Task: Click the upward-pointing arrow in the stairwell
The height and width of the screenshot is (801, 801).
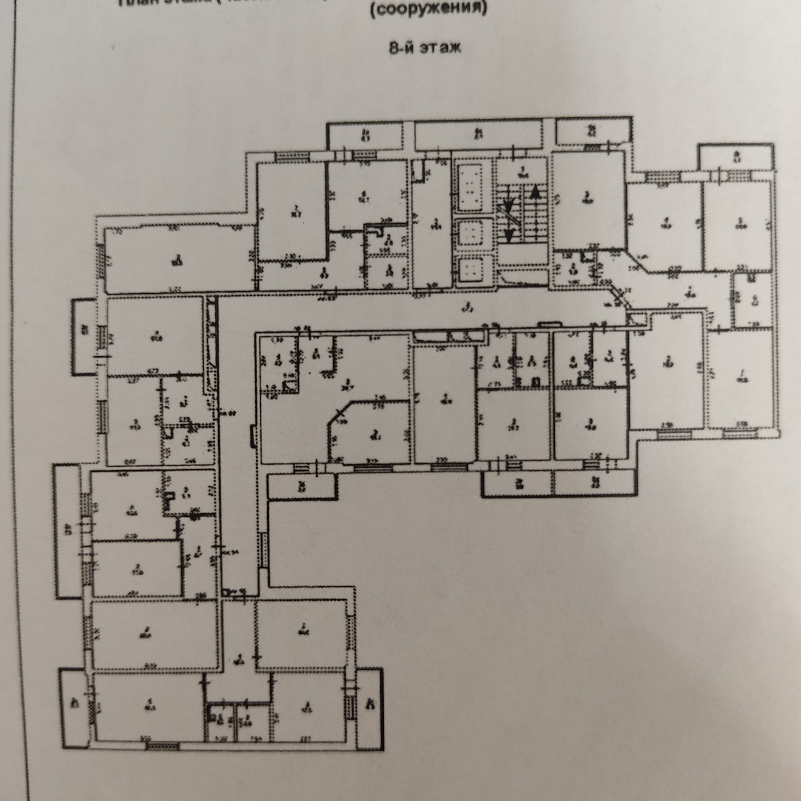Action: [x=535, y=191]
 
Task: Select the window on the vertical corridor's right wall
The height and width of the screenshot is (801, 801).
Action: [x=263, y=550]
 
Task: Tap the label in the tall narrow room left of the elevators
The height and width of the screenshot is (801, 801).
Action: [x=435, y=224]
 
